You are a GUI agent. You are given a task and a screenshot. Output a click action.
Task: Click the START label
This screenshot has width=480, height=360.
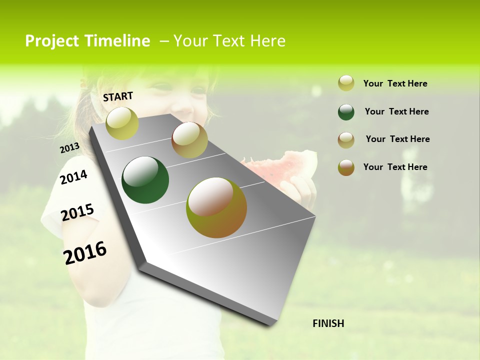(x=118, y=96)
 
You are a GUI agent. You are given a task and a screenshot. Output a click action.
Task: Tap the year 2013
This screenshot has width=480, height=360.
(x=69, y=148)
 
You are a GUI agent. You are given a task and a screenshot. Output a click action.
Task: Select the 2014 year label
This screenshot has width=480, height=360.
(x=73, y=177)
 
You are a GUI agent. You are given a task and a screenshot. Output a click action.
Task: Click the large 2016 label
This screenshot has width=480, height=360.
(x=85, y=252)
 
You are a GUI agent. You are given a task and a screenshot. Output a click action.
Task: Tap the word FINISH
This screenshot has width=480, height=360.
(x=328, y=323)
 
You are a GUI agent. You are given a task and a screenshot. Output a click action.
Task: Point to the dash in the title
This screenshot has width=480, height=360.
(x=164, y=41)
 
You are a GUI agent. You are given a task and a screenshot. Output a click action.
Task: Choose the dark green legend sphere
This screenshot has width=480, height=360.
(x=346, y=112)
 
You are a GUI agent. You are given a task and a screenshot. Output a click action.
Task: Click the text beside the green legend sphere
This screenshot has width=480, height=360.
(x=396, y=111)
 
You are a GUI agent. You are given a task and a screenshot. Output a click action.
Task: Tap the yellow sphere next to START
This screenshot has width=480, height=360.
(x=122, y=123)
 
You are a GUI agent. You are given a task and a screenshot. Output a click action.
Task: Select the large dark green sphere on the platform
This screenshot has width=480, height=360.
(x=145, y=180)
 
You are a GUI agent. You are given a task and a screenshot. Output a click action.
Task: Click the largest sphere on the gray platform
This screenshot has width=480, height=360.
(x=216, y=207)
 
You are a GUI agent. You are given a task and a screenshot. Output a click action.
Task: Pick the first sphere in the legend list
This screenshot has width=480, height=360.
(x=346, y=83)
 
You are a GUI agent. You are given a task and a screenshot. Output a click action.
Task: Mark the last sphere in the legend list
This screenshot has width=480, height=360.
(x=346, y=167)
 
